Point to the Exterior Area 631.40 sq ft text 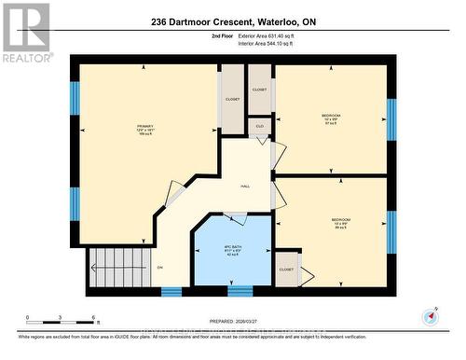pos(280,35)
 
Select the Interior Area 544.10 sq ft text pos(279,43)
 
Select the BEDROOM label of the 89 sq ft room pos(341,221)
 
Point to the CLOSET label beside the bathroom pos(286,269)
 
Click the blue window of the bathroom pos(240,291)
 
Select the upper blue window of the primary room pos(75,97)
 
